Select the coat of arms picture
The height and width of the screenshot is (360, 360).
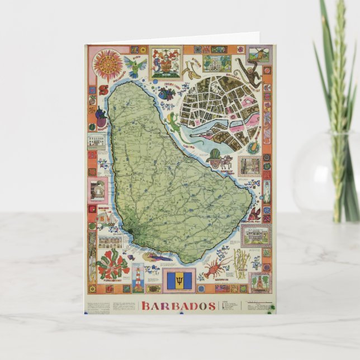coord(165,63)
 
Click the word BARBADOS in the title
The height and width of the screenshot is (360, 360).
coord(178,306)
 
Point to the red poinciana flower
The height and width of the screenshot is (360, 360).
coord(112,264)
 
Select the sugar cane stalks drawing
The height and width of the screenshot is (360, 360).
coord(241,263)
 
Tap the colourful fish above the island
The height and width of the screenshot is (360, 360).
coord(167,93)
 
